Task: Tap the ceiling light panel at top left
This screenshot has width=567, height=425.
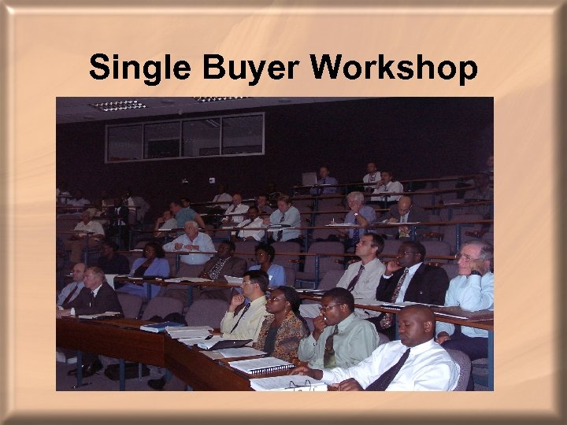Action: [117, 105]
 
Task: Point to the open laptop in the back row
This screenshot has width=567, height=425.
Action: [308, 179]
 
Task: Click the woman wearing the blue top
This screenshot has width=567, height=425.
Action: [150, 263]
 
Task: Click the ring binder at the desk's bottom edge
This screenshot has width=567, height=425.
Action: [288, 383]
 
